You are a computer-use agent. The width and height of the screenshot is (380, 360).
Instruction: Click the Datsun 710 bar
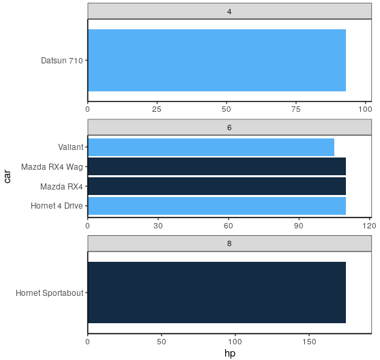217,60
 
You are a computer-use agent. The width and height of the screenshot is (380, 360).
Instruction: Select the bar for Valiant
211,147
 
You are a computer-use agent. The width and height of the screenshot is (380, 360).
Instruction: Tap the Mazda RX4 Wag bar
217,166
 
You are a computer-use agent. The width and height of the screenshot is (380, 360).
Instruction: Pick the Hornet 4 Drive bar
217,206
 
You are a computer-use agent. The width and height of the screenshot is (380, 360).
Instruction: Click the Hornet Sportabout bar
217,292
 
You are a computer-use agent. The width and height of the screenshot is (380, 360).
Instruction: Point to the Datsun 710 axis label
62,61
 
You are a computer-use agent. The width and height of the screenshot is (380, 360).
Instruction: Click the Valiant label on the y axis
70,147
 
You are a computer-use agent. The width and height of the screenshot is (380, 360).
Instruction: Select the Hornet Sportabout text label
49,293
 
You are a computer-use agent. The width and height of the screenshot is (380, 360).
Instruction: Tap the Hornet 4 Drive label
57,206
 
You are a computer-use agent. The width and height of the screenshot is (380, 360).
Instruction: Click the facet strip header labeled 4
229,11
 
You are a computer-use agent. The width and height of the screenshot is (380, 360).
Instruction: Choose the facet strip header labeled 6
229,127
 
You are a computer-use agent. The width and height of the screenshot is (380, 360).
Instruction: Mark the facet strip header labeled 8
229,243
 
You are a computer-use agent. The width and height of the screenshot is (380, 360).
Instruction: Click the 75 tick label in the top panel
296,110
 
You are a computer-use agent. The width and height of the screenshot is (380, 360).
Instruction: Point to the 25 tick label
157,110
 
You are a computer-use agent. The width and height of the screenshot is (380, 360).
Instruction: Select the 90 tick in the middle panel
299,226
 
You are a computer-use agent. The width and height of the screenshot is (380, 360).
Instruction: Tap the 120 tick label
369,226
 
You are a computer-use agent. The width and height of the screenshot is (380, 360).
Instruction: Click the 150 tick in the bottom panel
309,342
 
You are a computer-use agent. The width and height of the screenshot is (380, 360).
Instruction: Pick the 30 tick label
158,226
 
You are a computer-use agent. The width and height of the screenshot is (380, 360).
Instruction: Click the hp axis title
230,353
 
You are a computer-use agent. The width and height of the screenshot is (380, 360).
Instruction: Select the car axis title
8,177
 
